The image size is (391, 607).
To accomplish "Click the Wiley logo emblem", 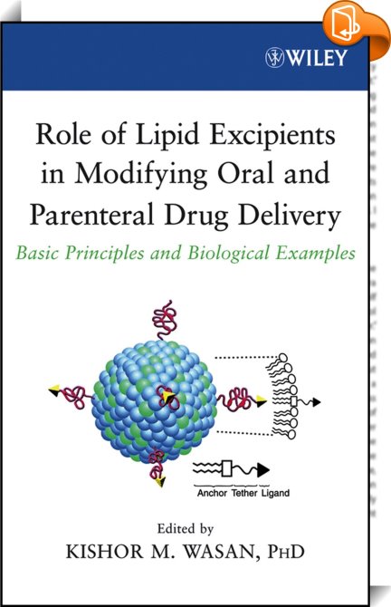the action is (274, 58).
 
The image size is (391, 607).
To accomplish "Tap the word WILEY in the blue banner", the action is (317, 58).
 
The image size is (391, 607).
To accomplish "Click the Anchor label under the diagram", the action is (212, 493).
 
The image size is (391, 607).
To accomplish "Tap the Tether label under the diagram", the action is (244, 493).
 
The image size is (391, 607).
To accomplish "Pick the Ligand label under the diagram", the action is (275, 493).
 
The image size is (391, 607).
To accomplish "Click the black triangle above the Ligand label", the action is (263, 470).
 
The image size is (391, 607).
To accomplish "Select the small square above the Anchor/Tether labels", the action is (226, 468).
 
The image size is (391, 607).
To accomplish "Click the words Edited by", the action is (186, 529).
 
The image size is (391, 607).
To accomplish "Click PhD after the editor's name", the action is (285, 551).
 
